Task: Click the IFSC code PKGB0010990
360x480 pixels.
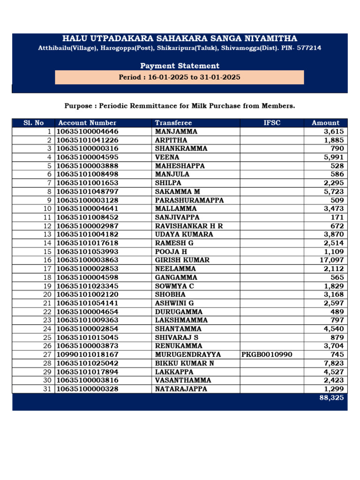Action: pos(266,354)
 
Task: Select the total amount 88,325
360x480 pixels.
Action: pos(332,397)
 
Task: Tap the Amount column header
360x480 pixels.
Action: pos(325,123)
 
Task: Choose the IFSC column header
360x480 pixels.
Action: pos(272,123)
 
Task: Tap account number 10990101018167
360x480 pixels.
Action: pos(88,354)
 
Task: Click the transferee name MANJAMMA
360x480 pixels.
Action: pos(176,132)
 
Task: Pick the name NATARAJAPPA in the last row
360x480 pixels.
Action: pos(180,389)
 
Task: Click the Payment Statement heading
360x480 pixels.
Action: pos(180,66)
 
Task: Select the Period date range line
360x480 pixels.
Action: pos(180,77)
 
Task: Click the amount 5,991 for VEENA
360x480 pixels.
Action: pos(333,157)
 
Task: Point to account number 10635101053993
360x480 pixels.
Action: pos(88,252)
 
